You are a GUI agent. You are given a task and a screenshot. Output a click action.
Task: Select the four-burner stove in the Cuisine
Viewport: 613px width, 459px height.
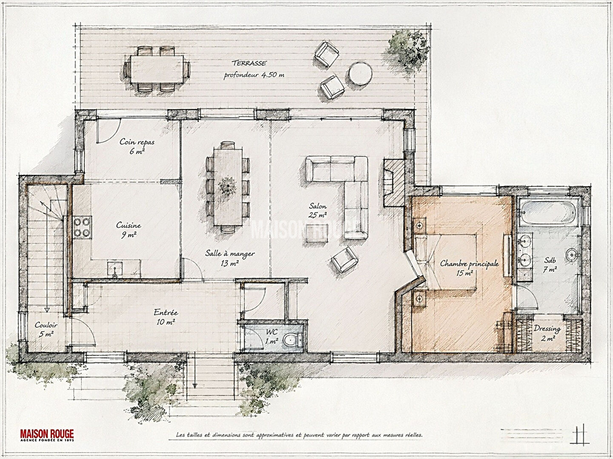click(83, 227)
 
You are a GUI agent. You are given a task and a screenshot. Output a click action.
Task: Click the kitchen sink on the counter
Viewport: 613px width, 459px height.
click(115, 269)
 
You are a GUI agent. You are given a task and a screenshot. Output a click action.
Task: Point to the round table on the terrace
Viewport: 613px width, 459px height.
click(360, 73)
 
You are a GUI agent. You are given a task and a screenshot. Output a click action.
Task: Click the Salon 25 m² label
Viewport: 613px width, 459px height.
click(318, 210)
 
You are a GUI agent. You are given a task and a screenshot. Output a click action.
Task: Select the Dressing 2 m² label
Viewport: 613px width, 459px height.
click(547, 333)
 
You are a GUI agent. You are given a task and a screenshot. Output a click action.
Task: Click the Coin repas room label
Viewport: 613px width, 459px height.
click(137, 142)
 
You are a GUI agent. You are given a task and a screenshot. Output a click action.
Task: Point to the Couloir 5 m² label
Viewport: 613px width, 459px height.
click(46, 329)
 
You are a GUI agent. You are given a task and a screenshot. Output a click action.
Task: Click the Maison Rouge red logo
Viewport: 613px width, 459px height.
click(47, 435)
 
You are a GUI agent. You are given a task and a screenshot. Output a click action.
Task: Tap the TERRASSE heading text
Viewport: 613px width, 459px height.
click(249, 63)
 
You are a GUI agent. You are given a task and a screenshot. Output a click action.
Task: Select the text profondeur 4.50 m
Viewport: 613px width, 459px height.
click(254, 75)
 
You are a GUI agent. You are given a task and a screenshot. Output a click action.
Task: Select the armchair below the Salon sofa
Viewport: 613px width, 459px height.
click(345, 259)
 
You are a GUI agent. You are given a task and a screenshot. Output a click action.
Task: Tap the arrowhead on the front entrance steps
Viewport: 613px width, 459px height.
click(195, 386)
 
